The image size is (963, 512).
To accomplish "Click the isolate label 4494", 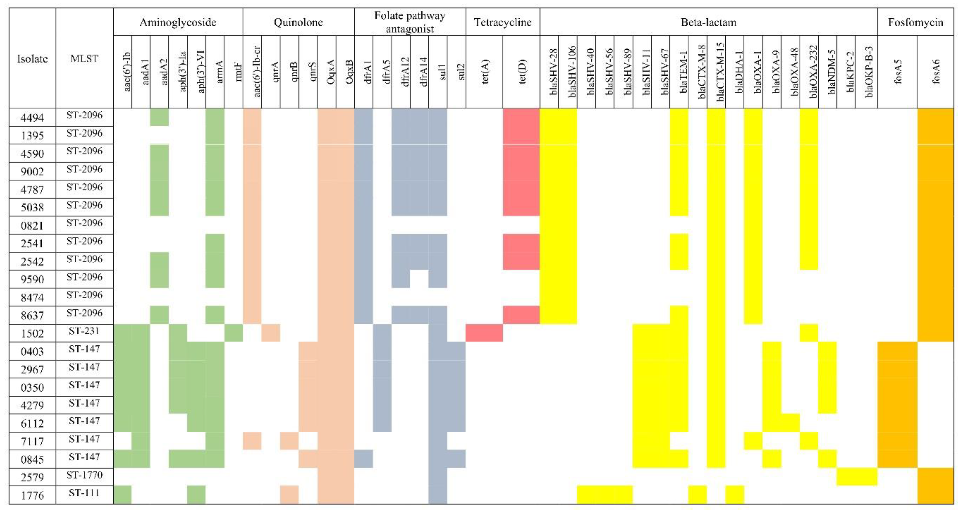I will pyautogui.click(x=32, y=118).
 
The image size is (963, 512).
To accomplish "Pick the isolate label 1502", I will pyautogui.click(x=32, y=333).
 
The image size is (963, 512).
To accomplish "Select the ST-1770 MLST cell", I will pyautogui.click(x=84, y=475).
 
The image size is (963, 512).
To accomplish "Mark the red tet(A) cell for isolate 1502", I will pyautogui.click(x=484, y=333).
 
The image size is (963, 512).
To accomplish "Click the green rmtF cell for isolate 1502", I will pyautogui.click(x=234, y=333).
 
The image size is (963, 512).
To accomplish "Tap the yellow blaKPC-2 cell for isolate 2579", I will pyautogui.click(x=846, y=477).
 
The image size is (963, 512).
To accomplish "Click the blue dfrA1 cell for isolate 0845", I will pyautogui.click(x=363, y=458).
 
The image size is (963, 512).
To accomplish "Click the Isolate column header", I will pyautogui.click(x=32, y=59).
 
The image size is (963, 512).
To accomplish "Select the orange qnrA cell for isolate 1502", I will pyautogui.click(x=271, y=333).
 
